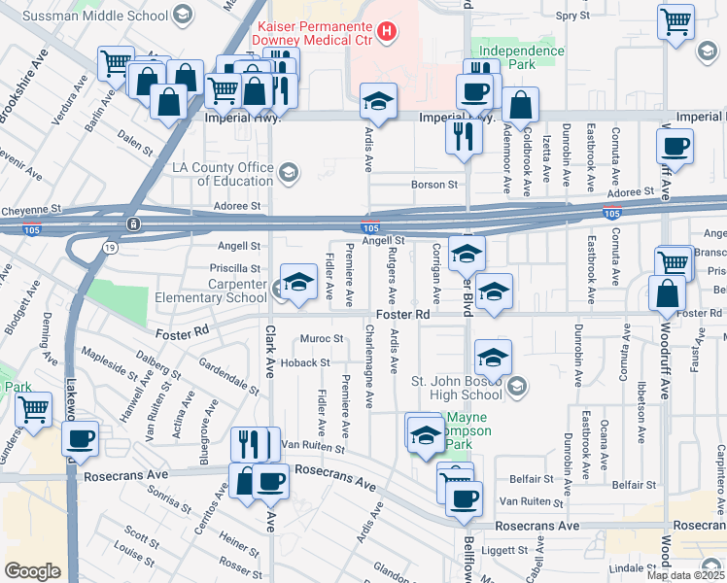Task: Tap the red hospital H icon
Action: point(388,31)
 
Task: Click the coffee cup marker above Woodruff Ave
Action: point(675,148)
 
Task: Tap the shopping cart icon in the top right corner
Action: point(675,20)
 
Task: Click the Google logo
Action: point(32,571)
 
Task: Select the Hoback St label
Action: point(308,362)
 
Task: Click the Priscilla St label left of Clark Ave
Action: point(235,268)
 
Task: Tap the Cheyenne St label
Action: point(31,209)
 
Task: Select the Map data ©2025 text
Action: point(685,575)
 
